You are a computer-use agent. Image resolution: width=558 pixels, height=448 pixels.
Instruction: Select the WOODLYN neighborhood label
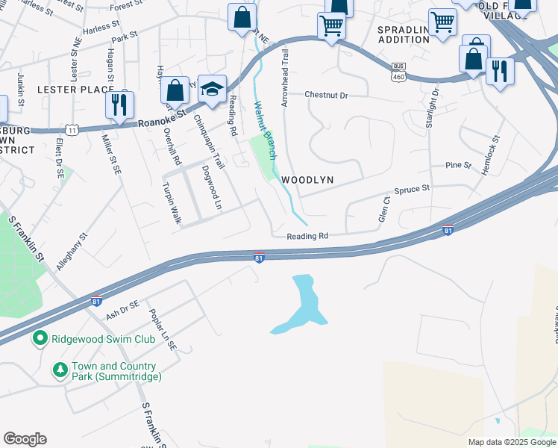(x=307, y=181)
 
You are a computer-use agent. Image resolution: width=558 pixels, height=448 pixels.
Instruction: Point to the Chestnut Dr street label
(x=326, y=96)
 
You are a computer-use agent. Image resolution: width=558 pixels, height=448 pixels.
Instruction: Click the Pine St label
(x=458, y=165)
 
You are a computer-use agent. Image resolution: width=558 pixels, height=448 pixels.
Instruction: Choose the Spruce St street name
(x=412, y=189)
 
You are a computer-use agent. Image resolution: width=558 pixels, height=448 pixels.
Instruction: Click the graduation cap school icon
(x=212, y=89)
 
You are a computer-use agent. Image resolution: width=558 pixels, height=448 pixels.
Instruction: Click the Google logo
(x=25, y=439)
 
